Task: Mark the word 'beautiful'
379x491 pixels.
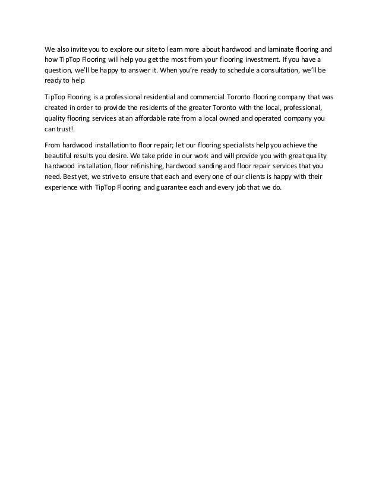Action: (60, 155)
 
